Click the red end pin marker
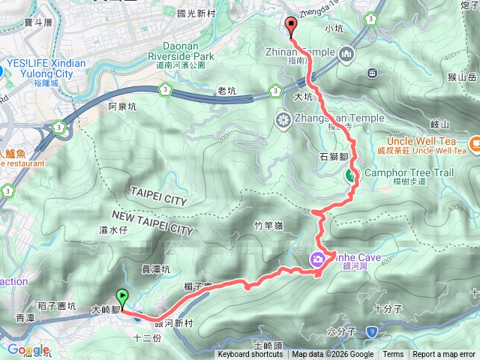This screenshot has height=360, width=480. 292,26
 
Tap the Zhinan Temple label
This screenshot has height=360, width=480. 299,52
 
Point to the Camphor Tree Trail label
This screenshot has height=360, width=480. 409,173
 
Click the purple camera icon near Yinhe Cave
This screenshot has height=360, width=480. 318,259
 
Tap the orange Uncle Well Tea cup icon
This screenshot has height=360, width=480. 475,142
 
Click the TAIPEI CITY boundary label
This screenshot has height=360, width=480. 158,201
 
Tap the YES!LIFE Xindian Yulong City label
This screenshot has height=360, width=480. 46,68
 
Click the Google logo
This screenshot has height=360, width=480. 28,349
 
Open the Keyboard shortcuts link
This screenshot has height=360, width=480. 250,355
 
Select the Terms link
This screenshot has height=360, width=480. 393,355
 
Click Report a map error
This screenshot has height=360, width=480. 444,355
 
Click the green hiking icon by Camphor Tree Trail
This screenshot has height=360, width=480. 351,176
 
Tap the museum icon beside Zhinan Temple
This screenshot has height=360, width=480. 346,53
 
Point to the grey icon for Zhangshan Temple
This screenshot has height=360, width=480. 284,118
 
